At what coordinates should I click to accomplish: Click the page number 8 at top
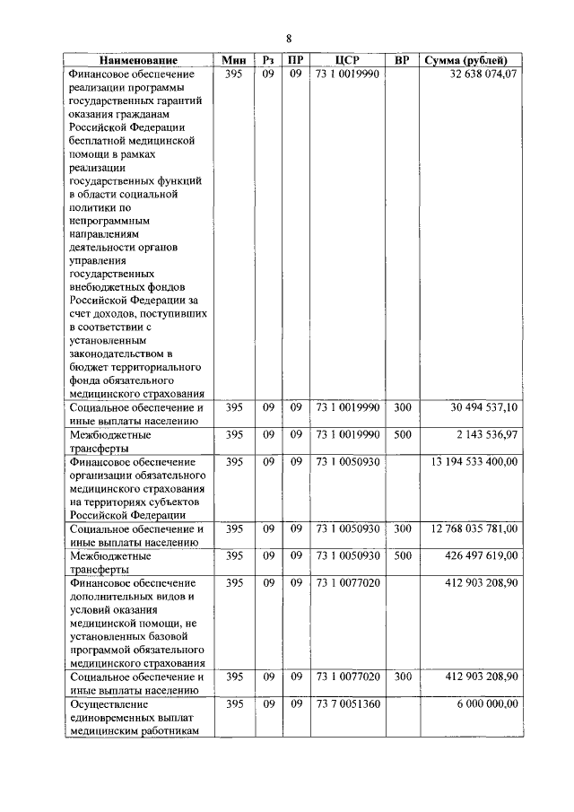(x=289, y=38)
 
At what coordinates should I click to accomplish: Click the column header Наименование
(x=138, y=60)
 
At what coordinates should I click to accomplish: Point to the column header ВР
(x=403, y=60)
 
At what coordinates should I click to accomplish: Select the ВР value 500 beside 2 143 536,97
(x=403, y=434)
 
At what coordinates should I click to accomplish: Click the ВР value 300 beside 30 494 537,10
(x=403, y=407)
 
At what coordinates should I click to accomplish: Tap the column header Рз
(x=268, y=60)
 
